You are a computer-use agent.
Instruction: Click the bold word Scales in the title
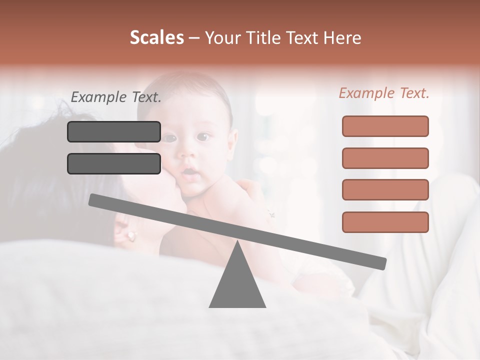[156, 38]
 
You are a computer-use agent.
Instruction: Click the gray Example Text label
[116, 97]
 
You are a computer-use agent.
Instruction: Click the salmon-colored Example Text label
[384, 93]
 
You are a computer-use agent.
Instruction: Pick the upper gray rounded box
[114, 131]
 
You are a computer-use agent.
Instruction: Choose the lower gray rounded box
[114, 163]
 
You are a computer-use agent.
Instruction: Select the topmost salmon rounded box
[385, 126]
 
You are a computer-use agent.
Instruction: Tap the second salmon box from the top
[385, 158]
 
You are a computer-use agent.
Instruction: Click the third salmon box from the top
[385, 190]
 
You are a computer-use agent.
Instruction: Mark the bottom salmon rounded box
[385, 222]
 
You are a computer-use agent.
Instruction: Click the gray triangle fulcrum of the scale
[237, 282]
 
